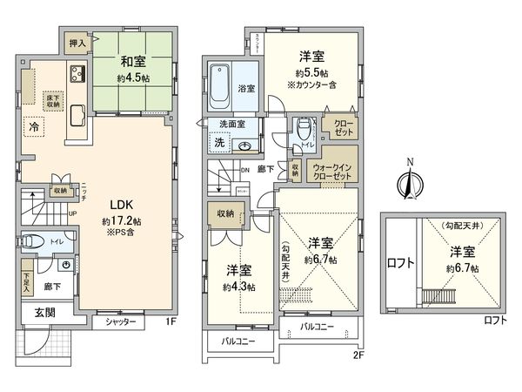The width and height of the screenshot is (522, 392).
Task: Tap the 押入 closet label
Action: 76,41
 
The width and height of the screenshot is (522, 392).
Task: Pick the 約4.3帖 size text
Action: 238,287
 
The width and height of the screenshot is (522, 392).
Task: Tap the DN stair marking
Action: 245,172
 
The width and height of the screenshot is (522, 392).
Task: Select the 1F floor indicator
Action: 171,321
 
